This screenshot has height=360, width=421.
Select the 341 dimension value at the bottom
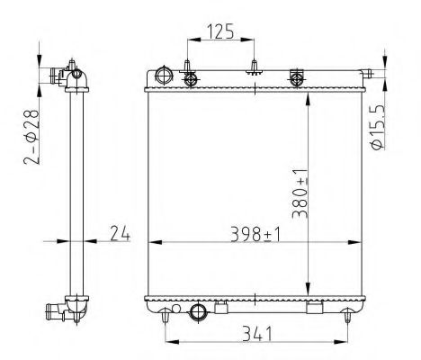coord(256,334)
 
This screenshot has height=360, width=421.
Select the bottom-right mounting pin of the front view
coord(349,314)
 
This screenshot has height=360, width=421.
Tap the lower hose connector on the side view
coord(56,312)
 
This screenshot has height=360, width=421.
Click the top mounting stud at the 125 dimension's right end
coord(255,67)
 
